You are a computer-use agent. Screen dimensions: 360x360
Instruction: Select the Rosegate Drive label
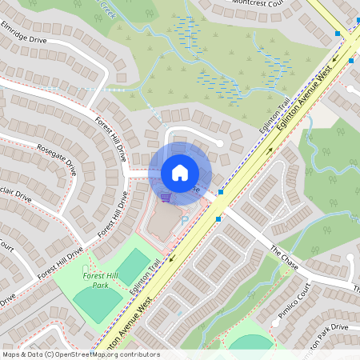[56, 158]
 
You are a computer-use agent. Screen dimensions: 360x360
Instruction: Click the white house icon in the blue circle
[180, 173]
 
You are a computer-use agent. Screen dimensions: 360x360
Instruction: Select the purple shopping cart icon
[165, 197]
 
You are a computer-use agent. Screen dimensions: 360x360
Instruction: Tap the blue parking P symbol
[186, 220]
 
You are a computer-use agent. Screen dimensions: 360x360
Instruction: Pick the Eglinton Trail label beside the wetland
[273, 120]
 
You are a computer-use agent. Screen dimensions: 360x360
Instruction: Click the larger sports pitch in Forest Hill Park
[98, 303]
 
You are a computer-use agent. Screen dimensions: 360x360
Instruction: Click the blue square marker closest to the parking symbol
[218, 218]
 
